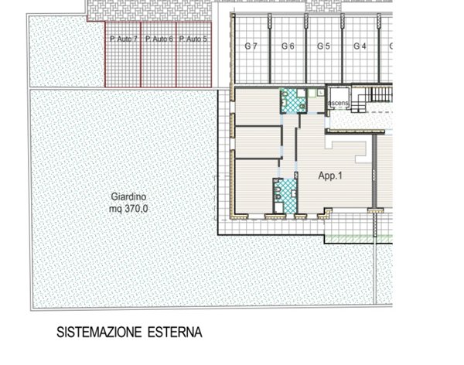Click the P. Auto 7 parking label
tap(123, 38)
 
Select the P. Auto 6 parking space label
tap(159, 38)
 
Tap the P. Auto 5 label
tap(194, 38)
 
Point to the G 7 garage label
tap(251, 46)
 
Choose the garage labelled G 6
tap(288, 46)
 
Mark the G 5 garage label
tap(324, 46)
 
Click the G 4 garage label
tap(360, 46)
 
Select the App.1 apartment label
tap(330, 176)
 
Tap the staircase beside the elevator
tap(381, 96)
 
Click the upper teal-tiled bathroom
tap(293, 101)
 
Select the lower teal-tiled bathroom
tap(288, 194)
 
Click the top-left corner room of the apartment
tap(257, 106)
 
